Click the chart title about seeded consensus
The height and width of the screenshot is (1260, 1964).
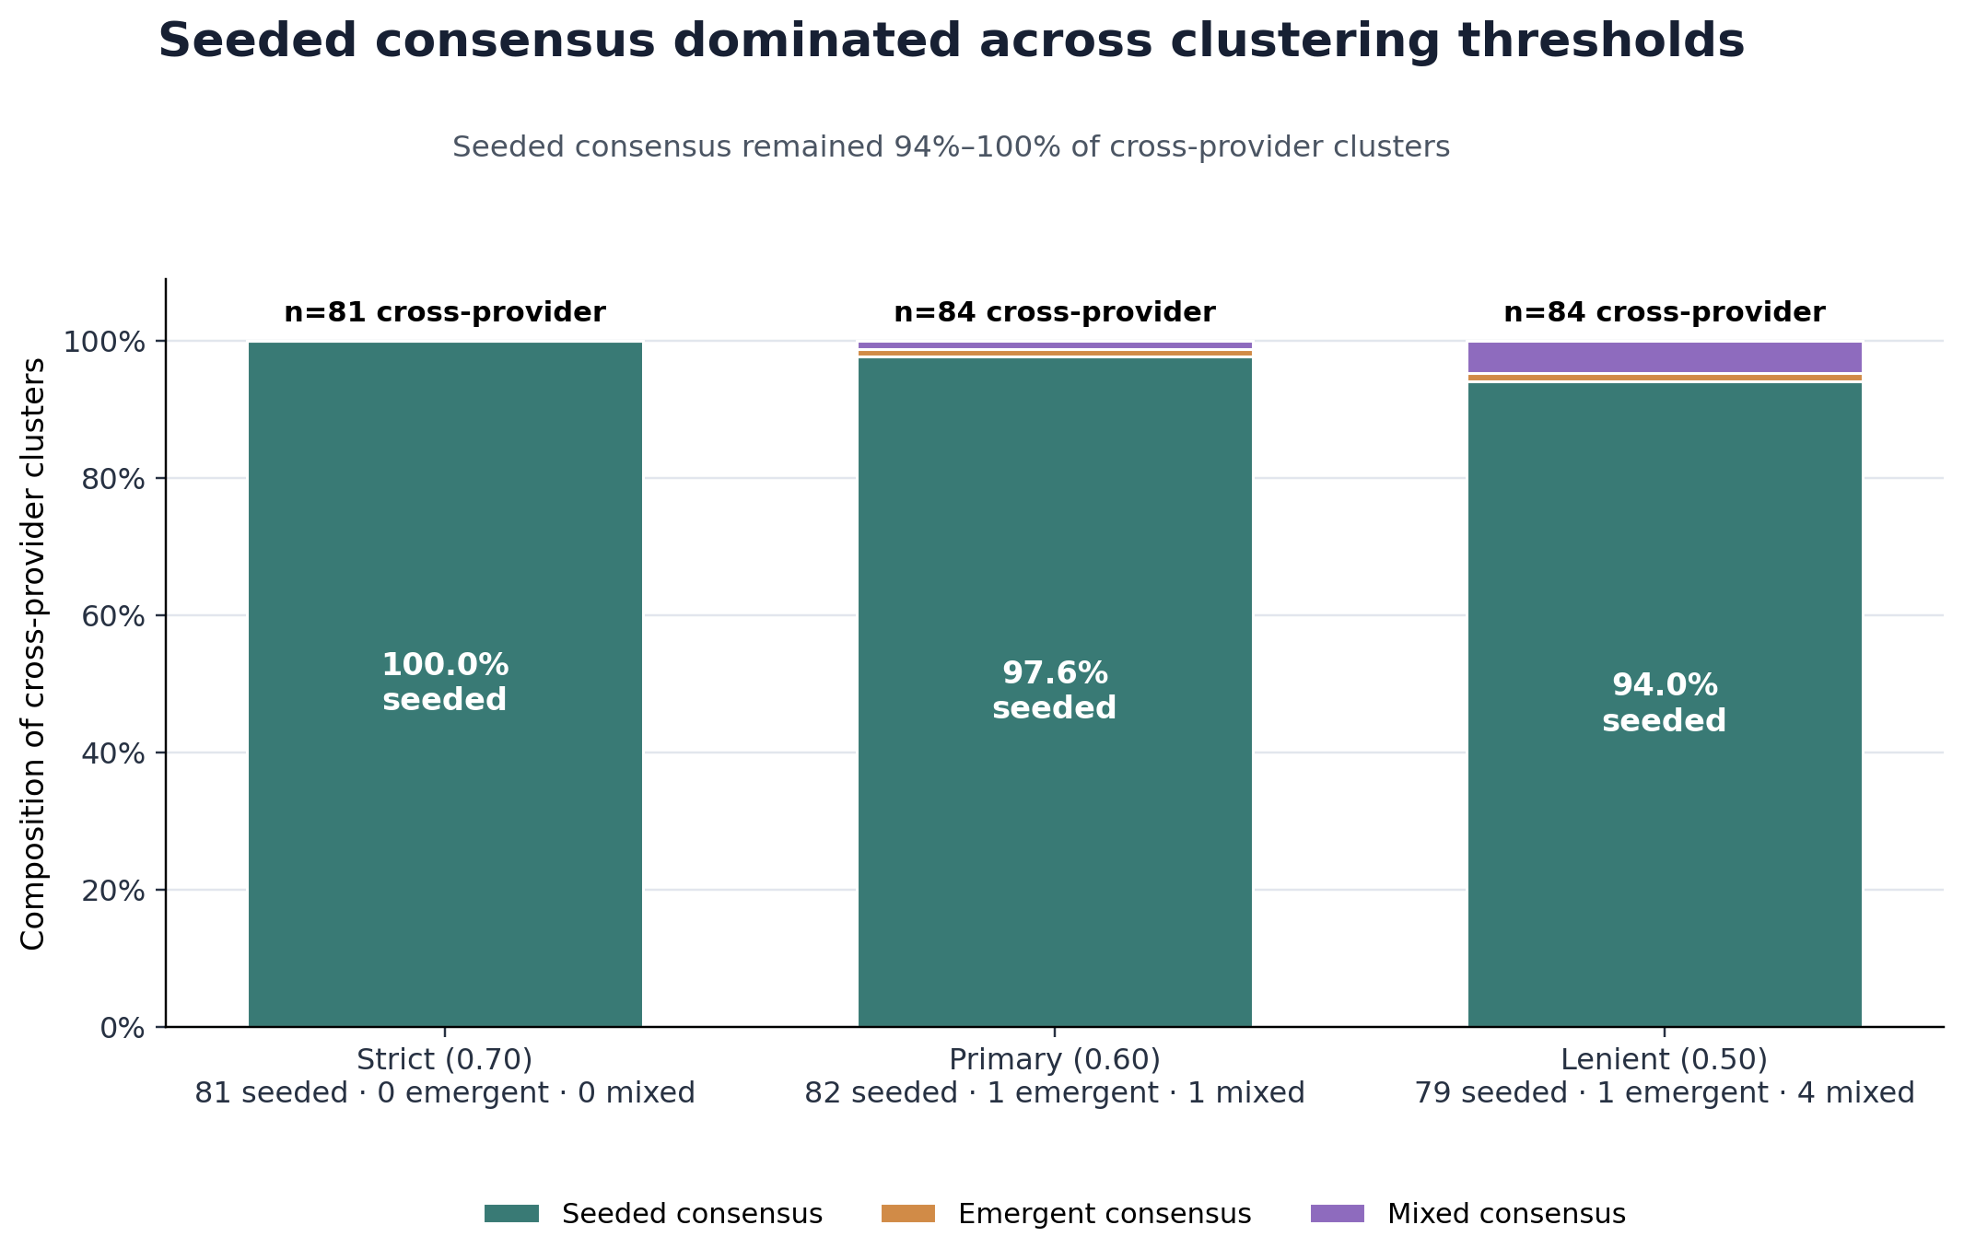click(x=951, y=41)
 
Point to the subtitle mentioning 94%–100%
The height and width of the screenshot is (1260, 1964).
click(x=951, y=147)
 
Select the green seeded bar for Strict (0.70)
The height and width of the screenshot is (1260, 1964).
click(x=445, y=683)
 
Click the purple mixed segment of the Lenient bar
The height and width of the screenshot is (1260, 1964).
click(x=1665, y=356)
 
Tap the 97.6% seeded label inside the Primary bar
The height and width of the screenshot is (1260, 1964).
click(x=1055, y=691)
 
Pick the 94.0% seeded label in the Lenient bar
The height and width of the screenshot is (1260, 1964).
click(x=1665, y=703)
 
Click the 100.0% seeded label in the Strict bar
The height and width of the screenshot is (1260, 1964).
click(x=445, y=682)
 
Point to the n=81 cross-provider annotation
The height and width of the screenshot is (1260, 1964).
click(x=445, y=313)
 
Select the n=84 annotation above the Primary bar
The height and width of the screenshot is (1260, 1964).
click(x=1055, y=313)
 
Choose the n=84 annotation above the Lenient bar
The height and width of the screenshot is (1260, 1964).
click(x=1665, y=313)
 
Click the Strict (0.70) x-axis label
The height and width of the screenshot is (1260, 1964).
click(x=445, y=1060)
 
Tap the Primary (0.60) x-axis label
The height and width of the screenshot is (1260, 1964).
click(x=1055, y=1060)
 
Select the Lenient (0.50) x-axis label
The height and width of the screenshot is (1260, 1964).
click(x=1665, y=1060)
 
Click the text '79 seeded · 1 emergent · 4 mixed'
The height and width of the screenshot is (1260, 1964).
click(x=1665, y=1094)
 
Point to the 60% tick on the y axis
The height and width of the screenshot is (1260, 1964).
click(x=113, y=616)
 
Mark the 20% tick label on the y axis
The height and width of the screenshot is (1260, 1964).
click(x=113, y=891)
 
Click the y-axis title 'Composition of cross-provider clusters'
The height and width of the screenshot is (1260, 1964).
click(x=33, y=654)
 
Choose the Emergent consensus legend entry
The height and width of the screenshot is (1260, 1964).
click(x=1067, y=1214)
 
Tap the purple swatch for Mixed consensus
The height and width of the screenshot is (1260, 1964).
click(x=1338, y=1214)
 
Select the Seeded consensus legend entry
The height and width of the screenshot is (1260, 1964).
click(x=653, y=1214)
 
